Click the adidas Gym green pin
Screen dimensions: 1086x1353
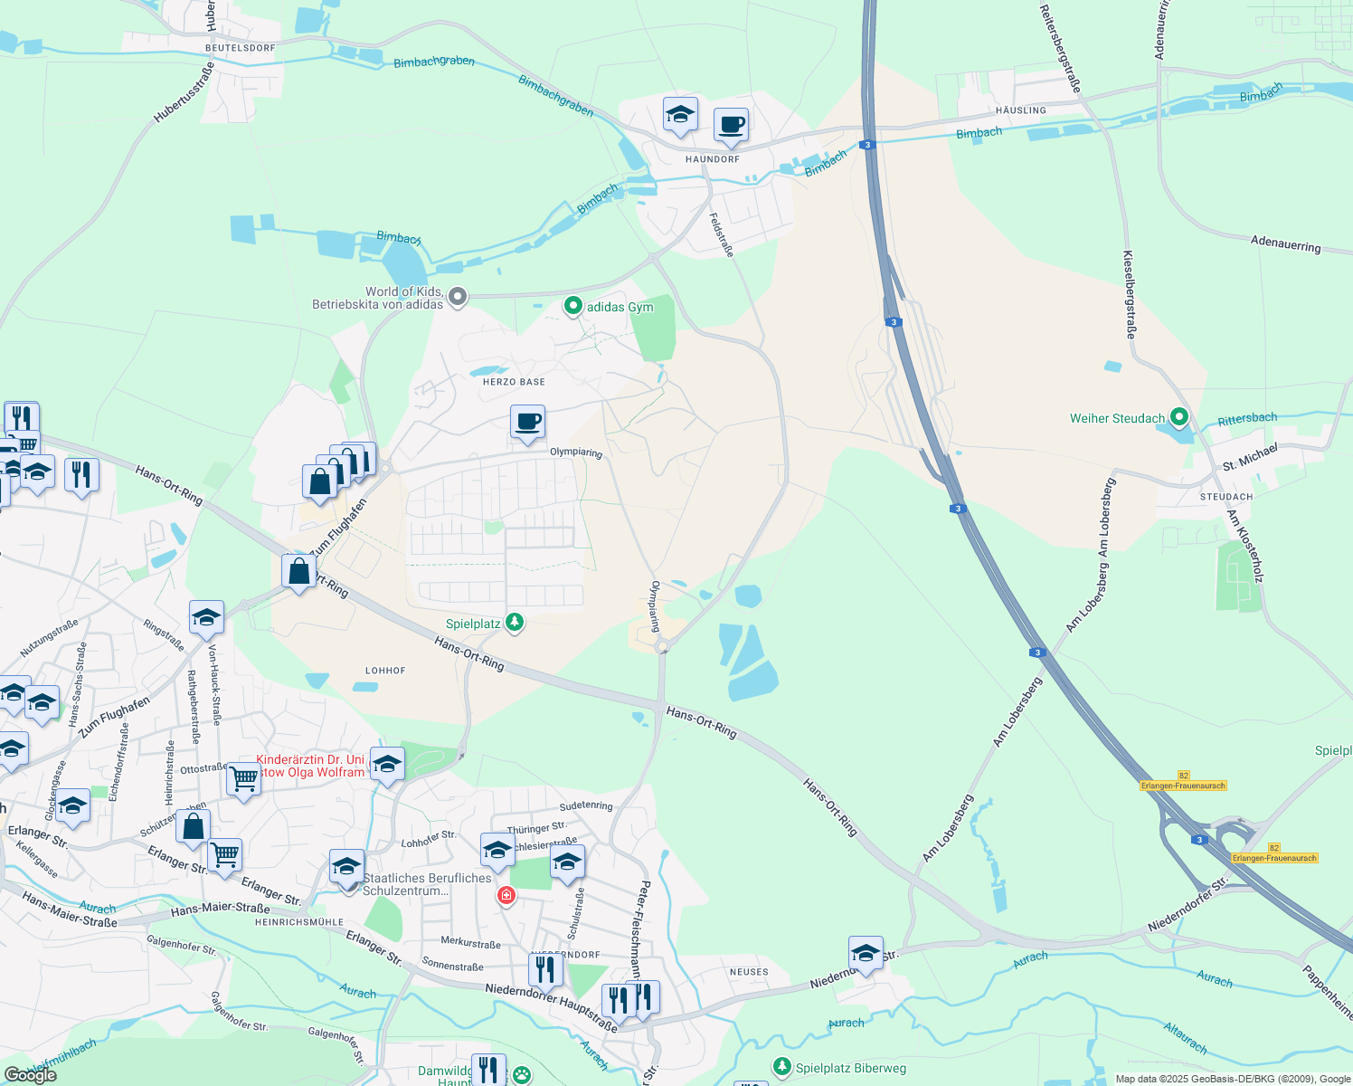[x=572, y=307]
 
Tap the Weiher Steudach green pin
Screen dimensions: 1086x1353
[x=1179, y=417]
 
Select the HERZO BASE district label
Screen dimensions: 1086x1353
[x=514, y=382]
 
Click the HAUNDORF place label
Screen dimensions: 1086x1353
[x=713, y=159]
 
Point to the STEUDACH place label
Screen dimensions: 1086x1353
[x=1226, y=497]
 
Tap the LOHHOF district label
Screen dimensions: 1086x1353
[x=385, y=671]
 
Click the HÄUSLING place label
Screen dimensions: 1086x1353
[x=1020, y=110]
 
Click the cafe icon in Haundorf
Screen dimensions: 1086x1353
[x=731, y=125]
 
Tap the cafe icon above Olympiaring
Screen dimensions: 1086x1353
[x=527, y=422]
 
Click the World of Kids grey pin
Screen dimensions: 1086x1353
[x=458, y=296]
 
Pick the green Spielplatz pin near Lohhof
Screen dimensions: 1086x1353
[x=515, y=622]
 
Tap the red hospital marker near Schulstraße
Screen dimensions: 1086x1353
[x=506, y=896]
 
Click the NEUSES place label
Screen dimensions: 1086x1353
[x=749, y=972]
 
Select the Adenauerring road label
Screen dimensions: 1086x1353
[x=1285, y=243]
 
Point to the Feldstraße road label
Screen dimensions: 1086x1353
[x=721, y=235]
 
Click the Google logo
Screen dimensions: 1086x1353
[x=30, y=1075]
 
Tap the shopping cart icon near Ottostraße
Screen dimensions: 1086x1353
[x=243, y=777]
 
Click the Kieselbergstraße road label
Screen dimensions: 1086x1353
[x=1129, y=294]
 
